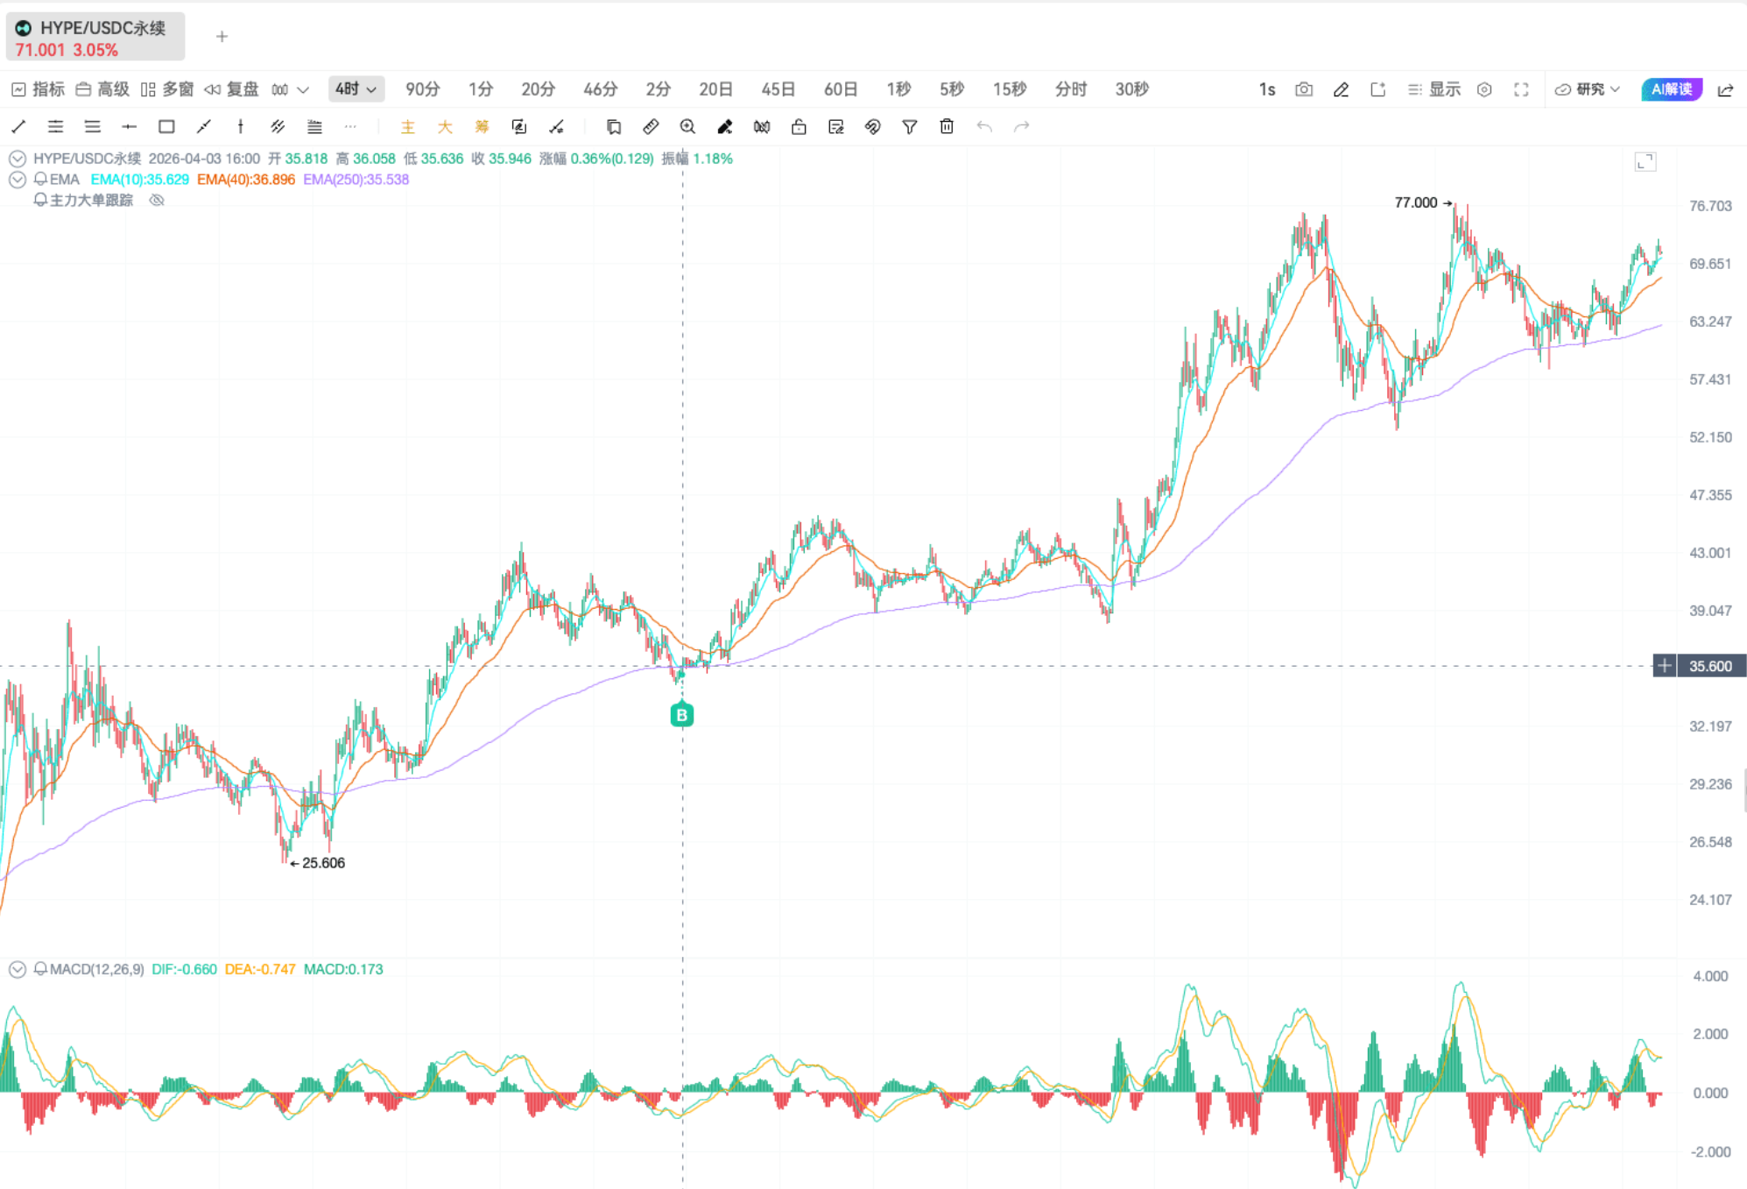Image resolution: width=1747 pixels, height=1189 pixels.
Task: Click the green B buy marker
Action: click(681, 714)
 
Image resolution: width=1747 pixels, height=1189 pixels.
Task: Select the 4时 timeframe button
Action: click(356, 89)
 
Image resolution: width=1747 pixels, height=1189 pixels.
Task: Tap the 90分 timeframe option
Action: click(422, 89)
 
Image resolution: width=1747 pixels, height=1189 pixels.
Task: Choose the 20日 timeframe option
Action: click(715, 89)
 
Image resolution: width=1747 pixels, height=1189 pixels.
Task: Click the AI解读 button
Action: click(1671, 89)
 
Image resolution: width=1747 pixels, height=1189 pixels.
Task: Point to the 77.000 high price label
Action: click(1416, 202)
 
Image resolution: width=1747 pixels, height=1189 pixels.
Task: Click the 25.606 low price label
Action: click(323, 863)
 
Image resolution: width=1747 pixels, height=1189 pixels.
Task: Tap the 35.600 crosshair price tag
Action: click(1710, 666)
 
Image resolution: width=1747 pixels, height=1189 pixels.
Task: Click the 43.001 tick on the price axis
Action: click(1710, 553)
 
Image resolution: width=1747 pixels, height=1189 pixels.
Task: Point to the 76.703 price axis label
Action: click(1710, 206)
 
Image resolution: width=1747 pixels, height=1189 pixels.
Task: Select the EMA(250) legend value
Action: click(356, 180)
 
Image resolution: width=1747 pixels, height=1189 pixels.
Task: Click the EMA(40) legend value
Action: click(246, 180)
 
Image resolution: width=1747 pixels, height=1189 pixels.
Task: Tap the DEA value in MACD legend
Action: click(260, 969)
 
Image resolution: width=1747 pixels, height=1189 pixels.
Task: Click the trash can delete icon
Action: click(947, 127)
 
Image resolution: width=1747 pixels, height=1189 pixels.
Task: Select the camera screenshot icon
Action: click(1304, 89)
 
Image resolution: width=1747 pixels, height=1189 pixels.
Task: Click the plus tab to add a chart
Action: click(222, 37)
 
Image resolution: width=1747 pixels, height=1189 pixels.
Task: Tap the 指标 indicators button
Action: click(39, 89)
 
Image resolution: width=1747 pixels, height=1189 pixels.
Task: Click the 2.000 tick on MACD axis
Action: click(1710, 1034)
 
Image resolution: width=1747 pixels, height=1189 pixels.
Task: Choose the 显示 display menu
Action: click(1434, 89)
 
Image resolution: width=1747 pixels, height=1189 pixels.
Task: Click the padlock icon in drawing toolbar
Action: click(799, 127)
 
